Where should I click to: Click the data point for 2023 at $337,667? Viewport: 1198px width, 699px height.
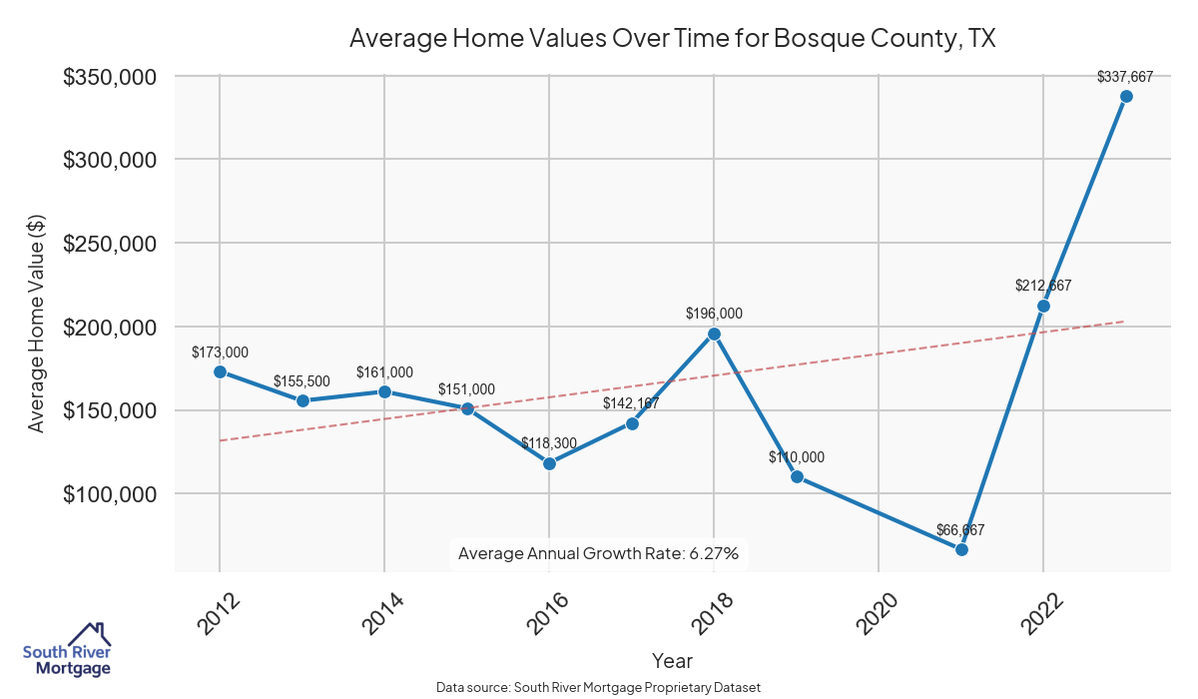pos(1126,97)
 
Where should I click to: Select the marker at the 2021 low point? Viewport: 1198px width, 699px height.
pos(961,549)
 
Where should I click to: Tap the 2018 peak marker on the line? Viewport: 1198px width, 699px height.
pos(714,335)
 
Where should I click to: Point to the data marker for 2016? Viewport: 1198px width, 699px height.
pos(549,463)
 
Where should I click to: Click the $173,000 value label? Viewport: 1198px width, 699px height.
pos(220,352)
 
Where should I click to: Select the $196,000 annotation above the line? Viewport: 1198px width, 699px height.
pos(714,314)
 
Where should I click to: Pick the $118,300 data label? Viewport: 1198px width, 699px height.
pos(549,442)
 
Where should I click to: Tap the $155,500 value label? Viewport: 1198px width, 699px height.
pos(302,381)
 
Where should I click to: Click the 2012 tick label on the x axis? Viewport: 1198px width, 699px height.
pos(218,613)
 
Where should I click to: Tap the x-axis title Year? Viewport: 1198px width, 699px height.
pos(672,661)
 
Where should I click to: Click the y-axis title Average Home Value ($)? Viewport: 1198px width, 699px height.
pos(36,324)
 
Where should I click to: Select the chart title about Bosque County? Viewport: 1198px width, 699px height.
pos(673,39)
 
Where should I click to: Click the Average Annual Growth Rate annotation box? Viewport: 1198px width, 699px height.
pos(598,553)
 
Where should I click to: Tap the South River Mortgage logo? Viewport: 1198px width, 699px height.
pos(67,650)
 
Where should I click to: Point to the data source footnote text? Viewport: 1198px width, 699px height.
pos(598,687)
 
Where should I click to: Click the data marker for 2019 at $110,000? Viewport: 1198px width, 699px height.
pos(797,477)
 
